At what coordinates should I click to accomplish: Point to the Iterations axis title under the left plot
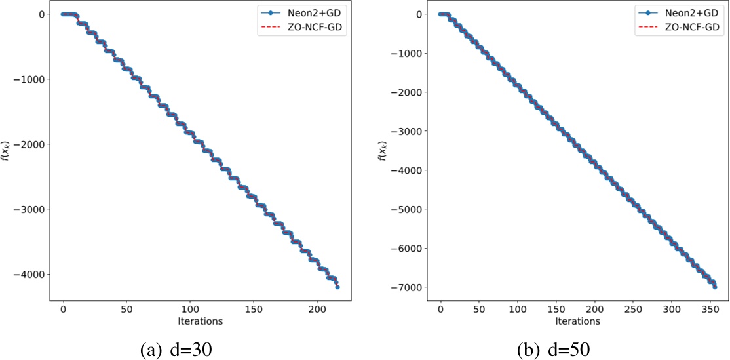pos(201,321)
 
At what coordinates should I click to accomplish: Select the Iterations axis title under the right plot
pos(578,321)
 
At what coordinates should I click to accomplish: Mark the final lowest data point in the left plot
pos(337,287)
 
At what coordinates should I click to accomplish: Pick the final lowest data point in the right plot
pos(715,287)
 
